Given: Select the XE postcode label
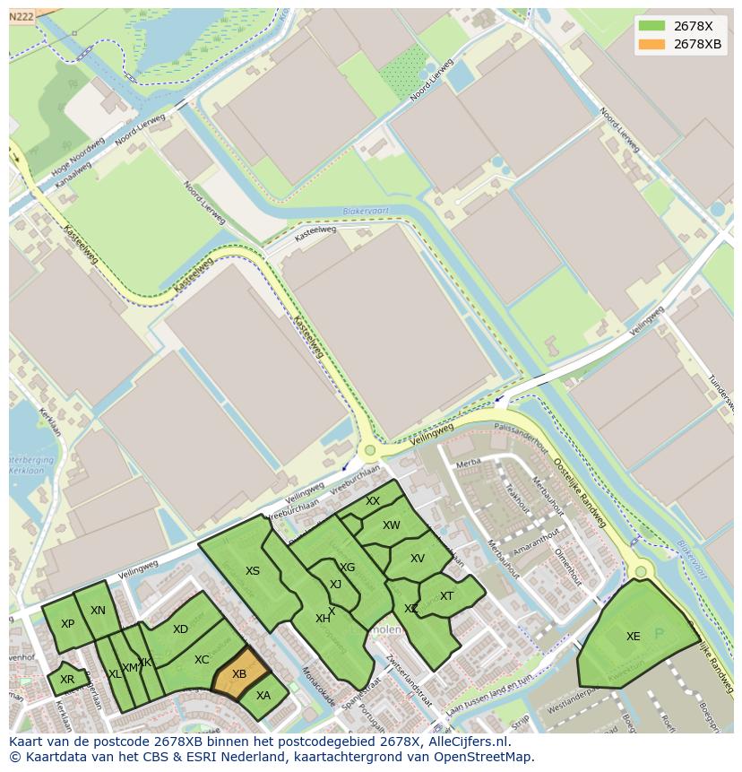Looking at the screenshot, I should [x=634, y=637].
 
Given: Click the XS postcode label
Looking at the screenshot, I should [x=253, y=571].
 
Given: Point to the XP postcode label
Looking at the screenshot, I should [x=67, y=624].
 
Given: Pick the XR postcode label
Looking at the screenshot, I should [x=67, y=680].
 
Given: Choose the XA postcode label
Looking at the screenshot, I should [x=263, y=695].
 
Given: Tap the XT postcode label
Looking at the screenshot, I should [x=446, y=596].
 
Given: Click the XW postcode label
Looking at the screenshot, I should [x=392, y=525].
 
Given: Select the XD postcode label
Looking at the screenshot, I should [x=180, y=629].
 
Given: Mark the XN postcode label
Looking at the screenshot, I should [x=98, y=611].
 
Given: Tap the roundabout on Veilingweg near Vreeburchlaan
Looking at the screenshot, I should [x=369, y=450].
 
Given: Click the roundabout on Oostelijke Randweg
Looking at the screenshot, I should [x=641, y=571].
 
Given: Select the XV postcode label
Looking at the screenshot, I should [x=418, y=559].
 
